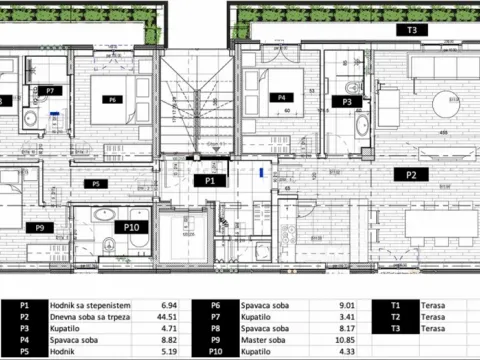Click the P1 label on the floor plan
pos(210,181)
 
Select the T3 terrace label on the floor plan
pos(412,31)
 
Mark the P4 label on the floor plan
pos(282,98)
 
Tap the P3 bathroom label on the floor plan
pos(347,102)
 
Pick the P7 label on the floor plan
pos(48,90)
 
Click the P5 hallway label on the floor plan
pos(97,184)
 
